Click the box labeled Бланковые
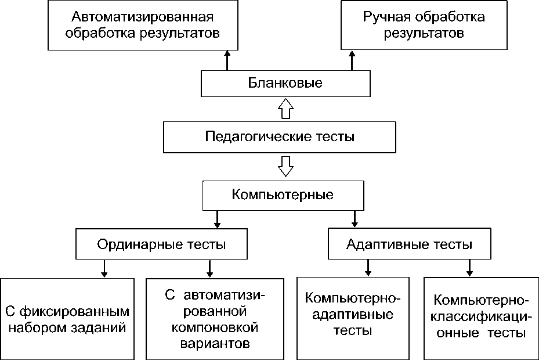tap(285, 83)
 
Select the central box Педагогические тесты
tap(280, 137)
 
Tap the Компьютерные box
tap(283, 195)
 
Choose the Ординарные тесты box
tap(161, 244)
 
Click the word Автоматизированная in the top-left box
tap(143, 16)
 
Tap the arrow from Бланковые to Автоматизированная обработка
tap(227, 60)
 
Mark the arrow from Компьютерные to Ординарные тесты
tap(217, 218)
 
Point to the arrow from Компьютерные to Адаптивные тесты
tap(354, 218)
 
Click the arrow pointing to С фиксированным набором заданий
tap(104, 268)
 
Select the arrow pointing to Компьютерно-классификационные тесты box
tap(469, 267)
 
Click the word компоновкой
tap(215, 327)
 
